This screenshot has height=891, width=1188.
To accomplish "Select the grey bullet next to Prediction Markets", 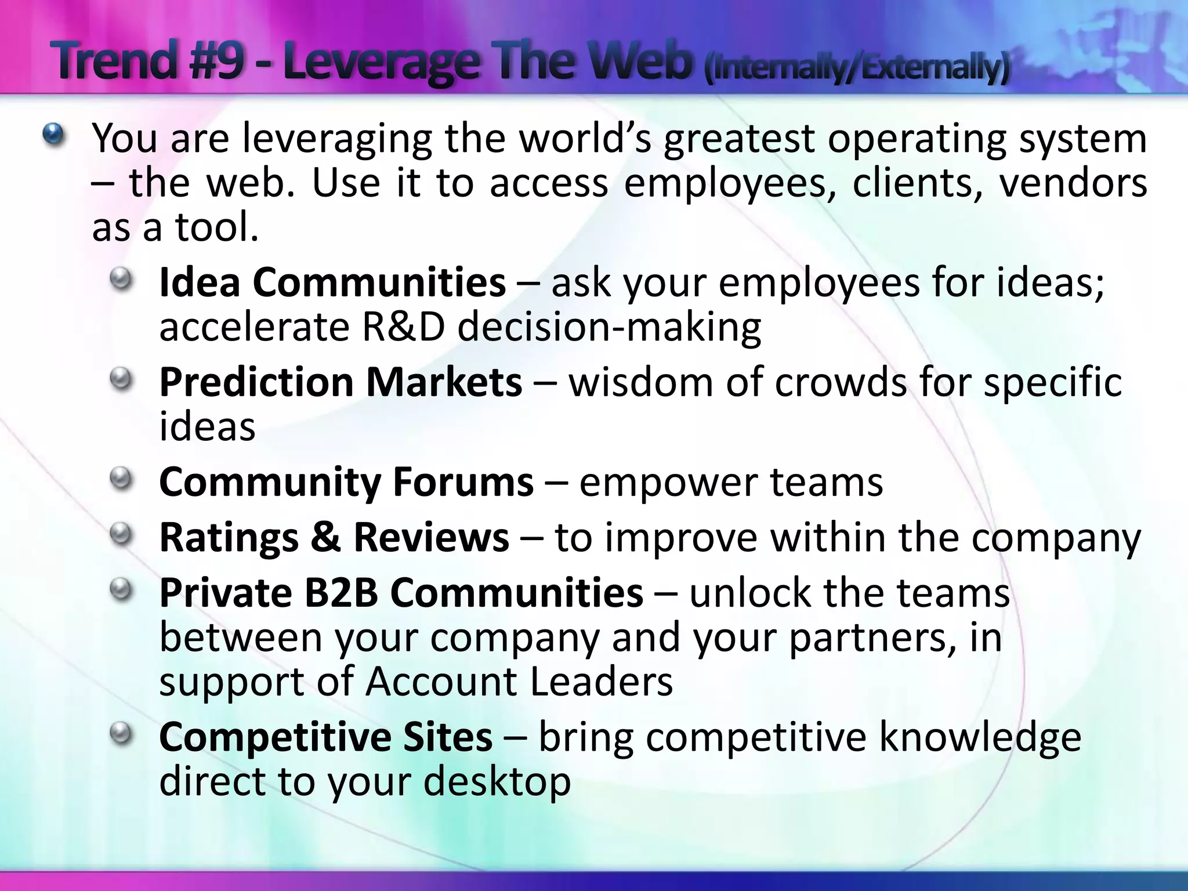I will [122, 381].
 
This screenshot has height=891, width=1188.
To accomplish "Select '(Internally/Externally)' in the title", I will [857, 68].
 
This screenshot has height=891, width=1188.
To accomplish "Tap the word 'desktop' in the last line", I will [497, 782].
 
